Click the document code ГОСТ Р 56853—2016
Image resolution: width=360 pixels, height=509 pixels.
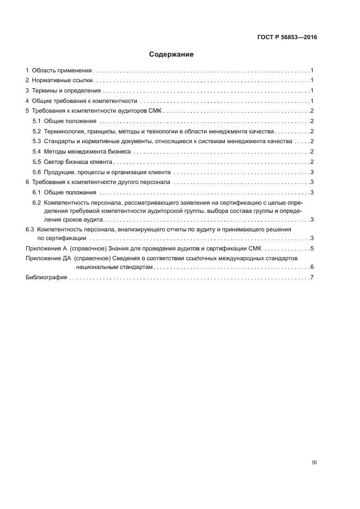[287, 38]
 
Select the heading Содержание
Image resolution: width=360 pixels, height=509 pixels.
[172, 54]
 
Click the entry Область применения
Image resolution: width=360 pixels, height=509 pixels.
[63, 71]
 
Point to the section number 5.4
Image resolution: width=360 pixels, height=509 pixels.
[37, 151]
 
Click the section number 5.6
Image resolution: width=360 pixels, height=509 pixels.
[37, 172]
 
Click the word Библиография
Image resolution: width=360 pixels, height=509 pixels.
[46, 278]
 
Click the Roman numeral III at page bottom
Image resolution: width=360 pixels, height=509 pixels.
[314, 463]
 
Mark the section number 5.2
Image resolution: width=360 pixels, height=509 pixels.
[37, 131]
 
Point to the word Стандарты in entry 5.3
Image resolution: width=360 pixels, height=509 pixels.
[60, 142]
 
